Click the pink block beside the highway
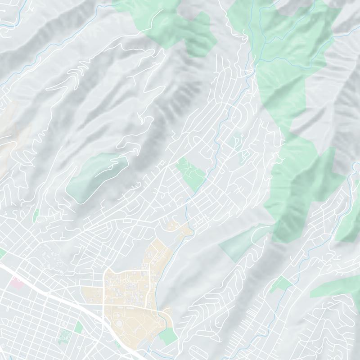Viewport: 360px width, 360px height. [17, 282]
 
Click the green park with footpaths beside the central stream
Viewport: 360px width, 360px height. [191, 173]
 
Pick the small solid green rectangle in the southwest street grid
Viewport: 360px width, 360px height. [78, 327]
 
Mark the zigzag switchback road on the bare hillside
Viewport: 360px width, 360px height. [79, 72]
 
